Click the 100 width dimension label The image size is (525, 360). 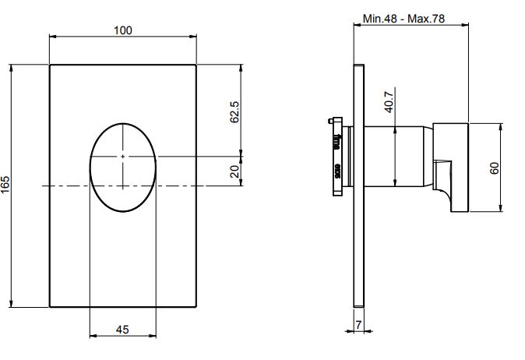point(123,30)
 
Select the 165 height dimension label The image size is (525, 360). point(5,185)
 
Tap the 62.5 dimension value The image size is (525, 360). point(235,112)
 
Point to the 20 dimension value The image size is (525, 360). point(235,171)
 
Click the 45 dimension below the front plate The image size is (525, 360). point(122,330)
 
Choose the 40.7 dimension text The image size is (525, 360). point(389,102)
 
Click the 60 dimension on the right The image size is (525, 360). point(495,168)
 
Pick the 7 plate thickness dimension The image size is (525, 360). point(358,325)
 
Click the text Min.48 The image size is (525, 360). point(379,19)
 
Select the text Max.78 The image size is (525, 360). point(426,19)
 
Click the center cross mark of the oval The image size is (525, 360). point(123,157)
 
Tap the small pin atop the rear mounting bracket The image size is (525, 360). point(330,121)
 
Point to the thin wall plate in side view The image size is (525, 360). point(359,185)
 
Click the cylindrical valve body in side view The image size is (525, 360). point(394,156)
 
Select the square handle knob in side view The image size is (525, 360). point(451,168)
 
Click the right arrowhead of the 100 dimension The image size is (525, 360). point(193,36)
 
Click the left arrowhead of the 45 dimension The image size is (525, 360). point(93,336)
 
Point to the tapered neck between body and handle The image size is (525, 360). point(428,156)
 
